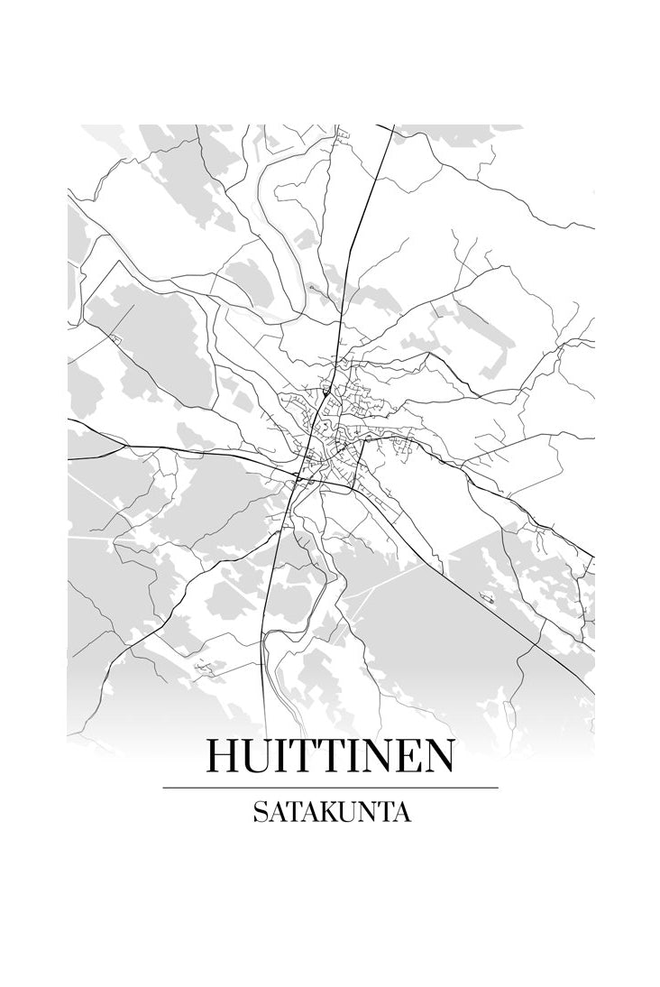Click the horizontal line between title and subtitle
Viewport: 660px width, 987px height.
coord(330,788)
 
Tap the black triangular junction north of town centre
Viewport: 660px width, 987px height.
coord(324,393)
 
